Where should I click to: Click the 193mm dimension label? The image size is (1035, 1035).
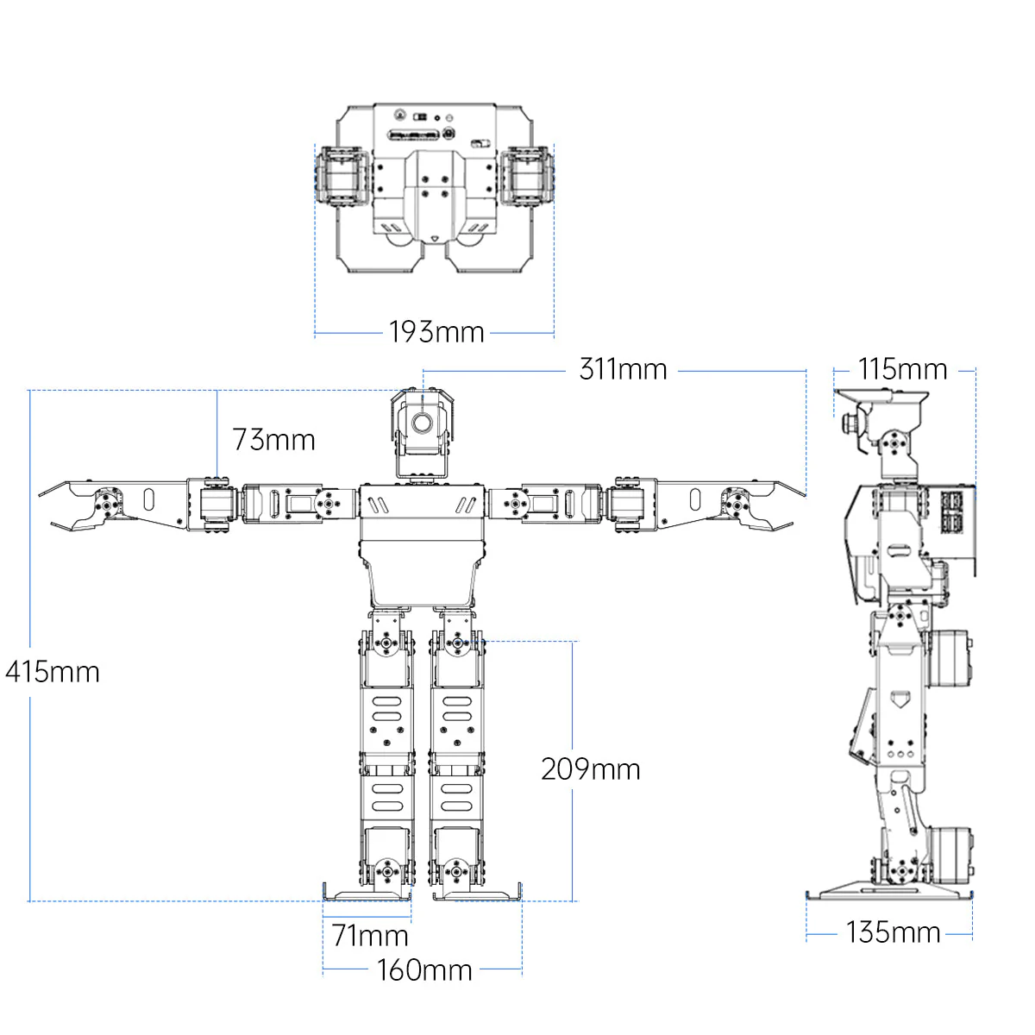(436, 332)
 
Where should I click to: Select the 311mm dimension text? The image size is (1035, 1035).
(623, 369)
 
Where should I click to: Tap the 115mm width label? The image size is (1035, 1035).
(902, 369)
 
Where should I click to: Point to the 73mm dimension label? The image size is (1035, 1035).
(273, 440)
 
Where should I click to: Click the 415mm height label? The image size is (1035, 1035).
(53, 672)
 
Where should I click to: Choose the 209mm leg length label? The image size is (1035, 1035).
(591, 769)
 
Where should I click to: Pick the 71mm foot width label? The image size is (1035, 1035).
(370, 935)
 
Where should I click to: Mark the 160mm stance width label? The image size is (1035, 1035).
(424, 970)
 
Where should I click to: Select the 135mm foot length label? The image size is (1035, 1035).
(893, 932)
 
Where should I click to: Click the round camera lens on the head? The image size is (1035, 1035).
(423, 423)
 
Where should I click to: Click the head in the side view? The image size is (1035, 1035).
(888, 431)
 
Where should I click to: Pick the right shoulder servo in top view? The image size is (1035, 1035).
(527, 176)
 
